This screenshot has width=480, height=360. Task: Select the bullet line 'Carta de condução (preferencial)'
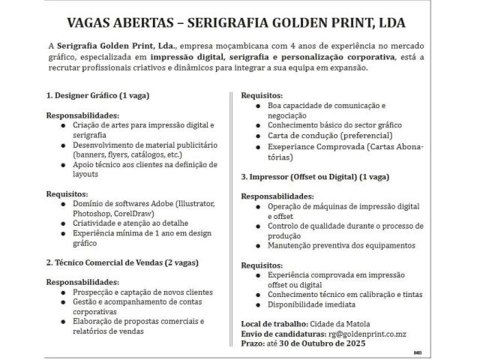click(319, 136)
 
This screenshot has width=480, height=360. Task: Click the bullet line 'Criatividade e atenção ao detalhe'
click(130, 223)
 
